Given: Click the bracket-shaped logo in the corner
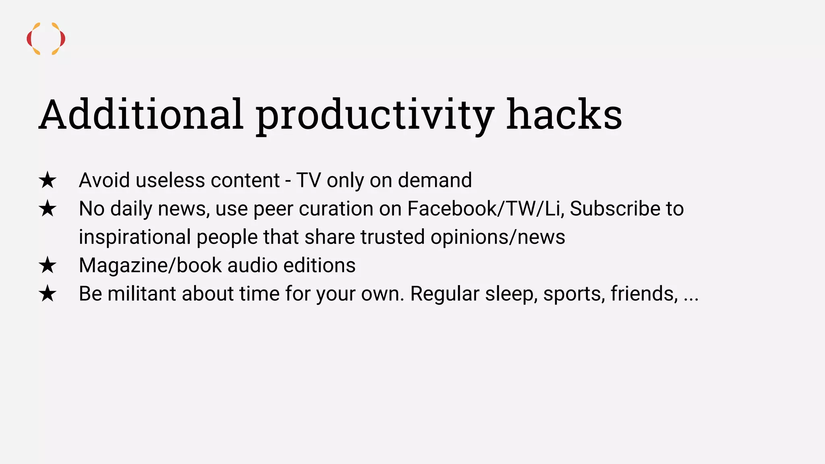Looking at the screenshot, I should (46, 39).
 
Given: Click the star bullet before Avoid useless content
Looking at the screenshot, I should (48, 180).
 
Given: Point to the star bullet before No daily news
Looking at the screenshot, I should (48, 209).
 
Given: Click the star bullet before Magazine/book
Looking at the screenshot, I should (48, 265).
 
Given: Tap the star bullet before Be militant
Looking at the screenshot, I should (48, 294).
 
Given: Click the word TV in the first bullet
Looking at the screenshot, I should (308, 180).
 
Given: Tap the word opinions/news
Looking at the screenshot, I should (497, 237).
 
